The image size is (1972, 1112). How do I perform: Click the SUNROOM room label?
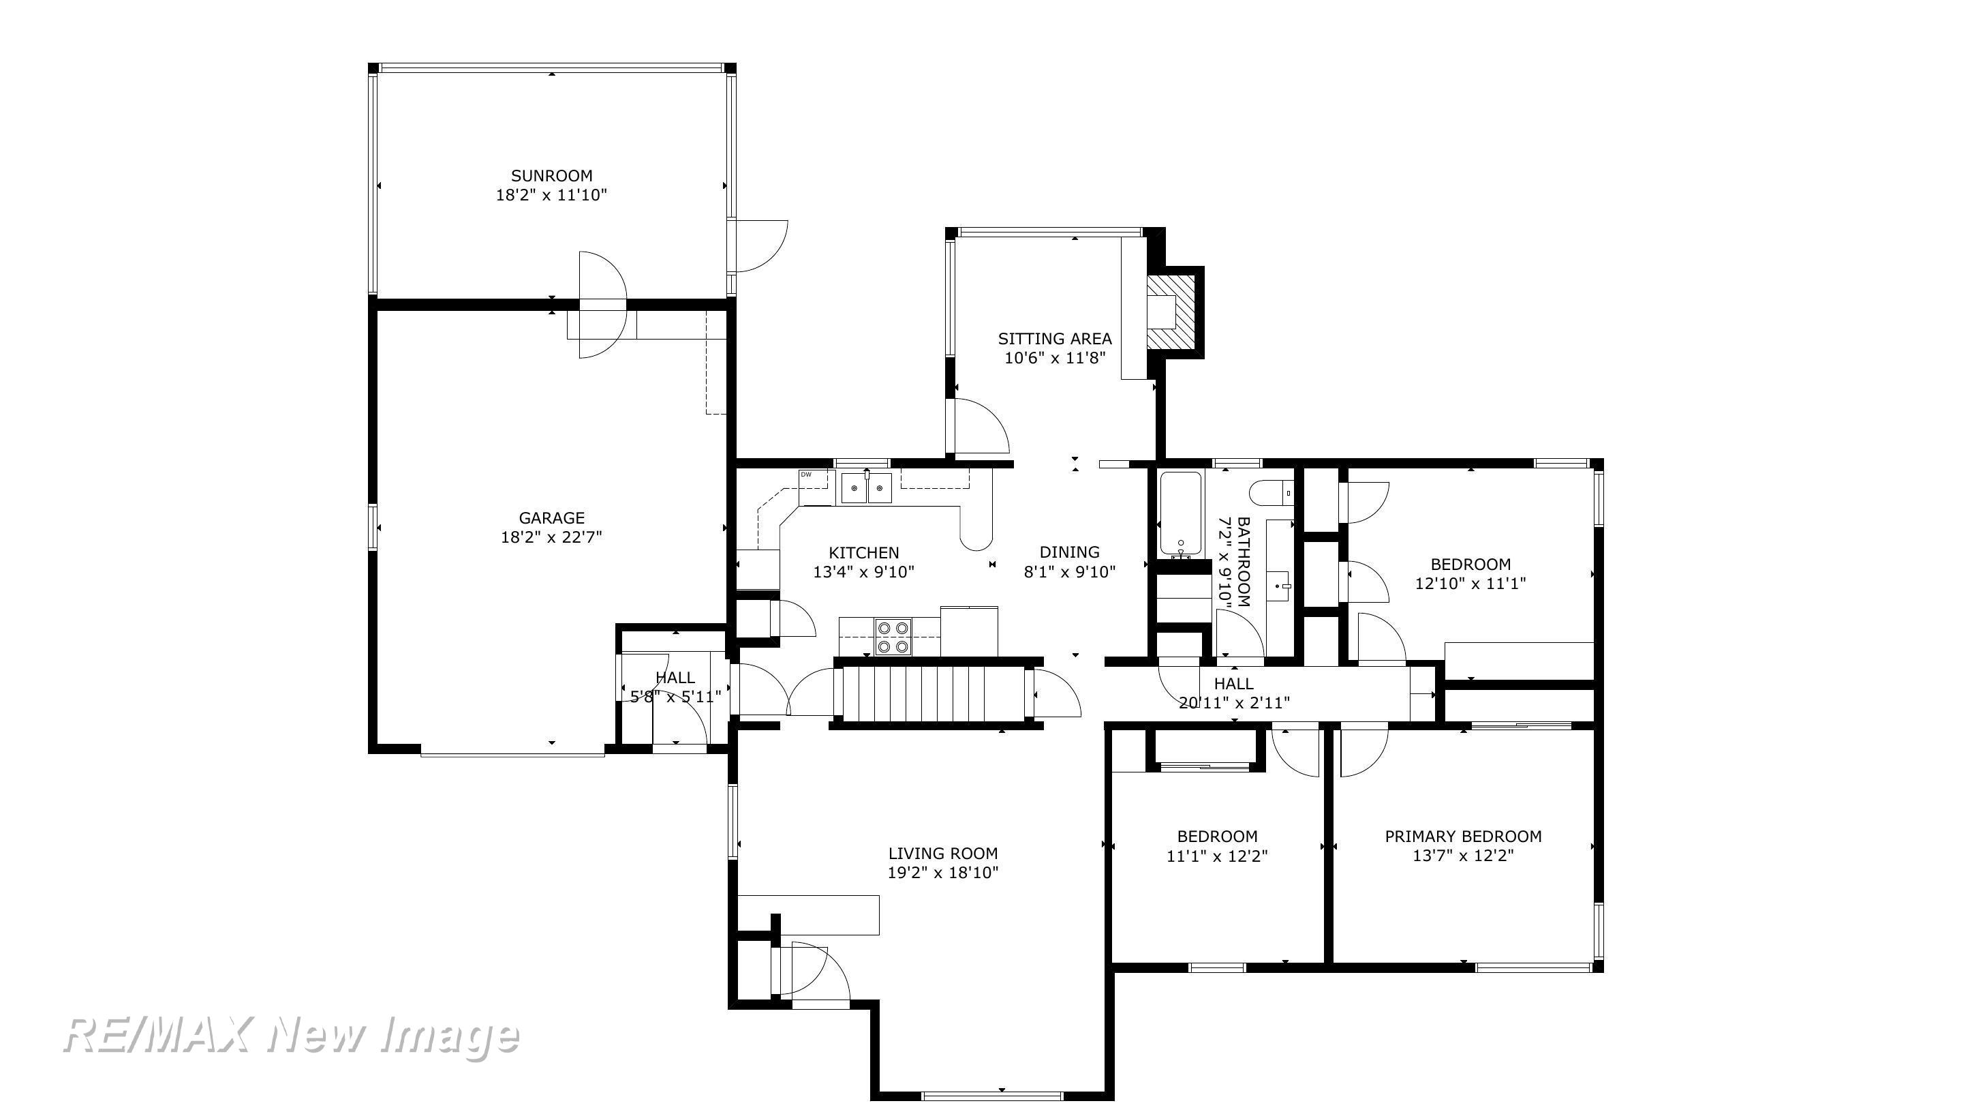pyautogui.click(x=551, y=175)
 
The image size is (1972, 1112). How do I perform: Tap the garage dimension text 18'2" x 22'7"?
pyautogui.click(x=551, y=537)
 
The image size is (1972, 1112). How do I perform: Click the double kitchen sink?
pyautogui.click(x=867, y=488)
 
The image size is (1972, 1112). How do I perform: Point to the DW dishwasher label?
pyautogui.click(x=806, y=475)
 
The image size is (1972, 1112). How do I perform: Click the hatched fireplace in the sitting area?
pyautogui.click(x=1170, y=312)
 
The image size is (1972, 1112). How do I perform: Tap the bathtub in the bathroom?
pyautogui.click(x=1180, y=513)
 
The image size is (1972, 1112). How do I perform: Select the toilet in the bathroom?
pyautogui.click(x=1271, y=493)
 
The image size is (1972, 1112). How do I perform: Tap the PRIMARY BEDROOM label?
pyautogui.click(x=1463, y=837)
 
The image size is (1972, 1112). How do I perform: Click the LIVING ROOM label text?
pyautogui.click(x=942, y=853)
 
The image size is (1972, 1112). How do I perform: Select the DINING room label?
pyautogui.click(x=1069, y=552)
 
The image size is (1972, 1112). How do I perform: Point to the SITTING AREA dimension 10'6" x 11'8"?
pyautogui.click(x=1055, y=358)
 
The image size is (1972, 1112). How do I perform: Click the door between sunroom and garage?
pyautogui.click(x=602, y=305)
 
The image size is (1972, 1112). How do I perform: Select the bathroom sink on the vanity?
pyautogui.click(x=1279, y=586)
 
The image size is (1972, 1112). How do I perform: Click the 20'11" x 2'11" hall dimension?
pyautogui.click(x=1234, y=702)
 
